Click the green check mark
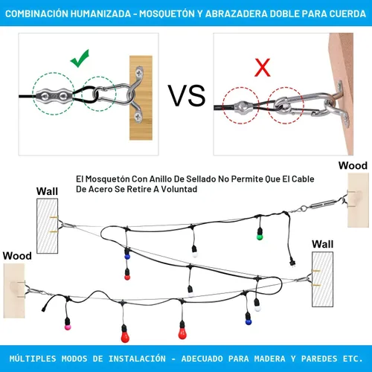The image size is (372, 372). point(80,60)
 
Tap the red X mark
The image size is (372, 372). point(263,68)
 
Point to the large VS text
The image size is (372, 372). point(187,96)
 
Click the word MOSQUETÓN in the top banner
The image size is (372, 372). point(167,13)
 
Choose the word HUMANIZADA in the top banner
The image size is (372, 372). point(100,13)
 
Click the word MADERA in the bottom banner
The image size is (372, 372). point(269,359)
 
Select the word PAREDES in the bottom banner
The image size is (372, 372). point(319,359)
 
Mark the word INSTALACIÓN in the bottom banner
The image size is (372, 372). point(137,359)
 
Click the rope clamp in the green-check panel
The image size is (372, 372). point(54,95)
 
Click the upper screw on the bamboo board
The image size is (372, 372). point(139,73)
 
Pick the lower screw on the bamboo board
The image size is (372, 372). point(138,117)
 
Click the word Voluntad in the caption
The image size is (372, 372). point(179,189)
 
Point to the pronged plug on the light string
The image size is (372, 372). point(292,262)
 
